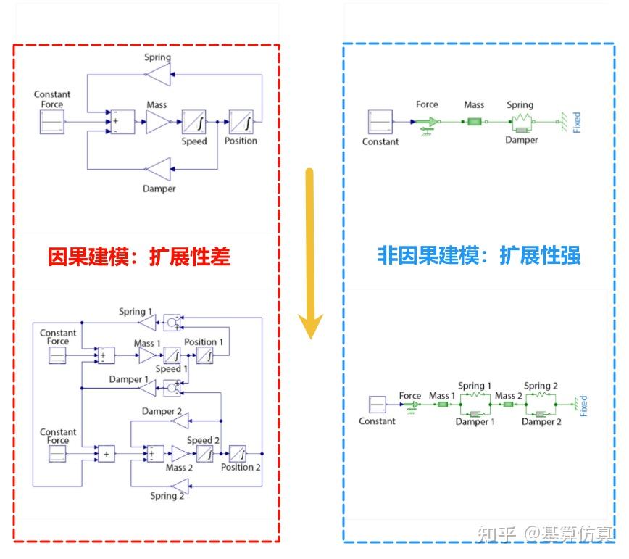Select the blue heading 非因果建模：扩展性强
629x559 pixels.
click(478, 255)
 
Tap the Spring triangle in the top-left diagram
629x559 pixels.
click(159, 75)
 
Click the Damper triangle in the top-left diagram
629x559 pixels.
click(159, 170)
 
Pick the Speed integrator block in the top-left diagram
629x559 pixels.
click(194, 122)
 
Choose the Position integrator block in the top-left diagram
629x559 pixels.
click(241, 122)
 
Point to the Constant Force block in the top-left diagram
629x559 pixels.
click(52, 122)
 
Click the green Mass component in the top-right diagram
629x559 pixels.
click(474, 122)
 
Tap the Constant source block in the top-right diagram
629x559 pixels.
click(380, 122)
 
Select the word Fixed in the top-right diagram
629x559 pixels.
click(577, 122)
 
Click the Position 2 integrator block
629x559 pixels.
click(238, 454)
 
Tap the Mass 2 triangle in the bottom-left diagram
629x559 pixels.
click(180, 454)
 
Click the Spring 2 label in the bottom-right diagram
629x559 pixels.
click(541, 386)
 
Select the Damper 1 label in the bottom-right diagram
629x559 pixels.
click(475, 421)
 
